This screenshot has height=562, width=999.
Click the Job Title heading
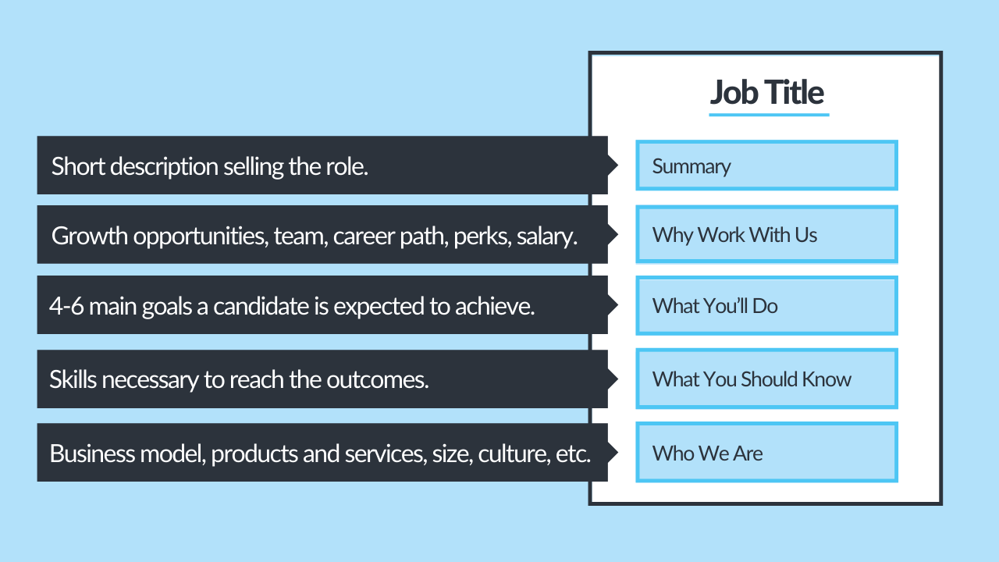coord(766,92)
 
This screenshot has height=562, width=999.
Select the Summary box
coord(766,165)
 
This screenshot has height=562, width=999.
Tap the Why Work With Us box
coord(766,234)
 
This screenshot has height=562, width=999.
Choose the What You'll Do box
coord(766,305)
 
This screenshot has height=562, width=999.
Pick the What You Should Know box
coord(766,379)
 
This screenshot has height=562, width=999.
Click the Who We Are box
coord(766,453)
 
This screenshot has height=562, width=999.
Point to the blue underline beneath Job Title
coord(768,115)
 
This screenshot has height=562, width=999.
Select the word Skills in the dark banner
coord(73,379)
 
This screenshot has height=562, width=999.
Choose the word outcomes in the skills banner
coord(386,379)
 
